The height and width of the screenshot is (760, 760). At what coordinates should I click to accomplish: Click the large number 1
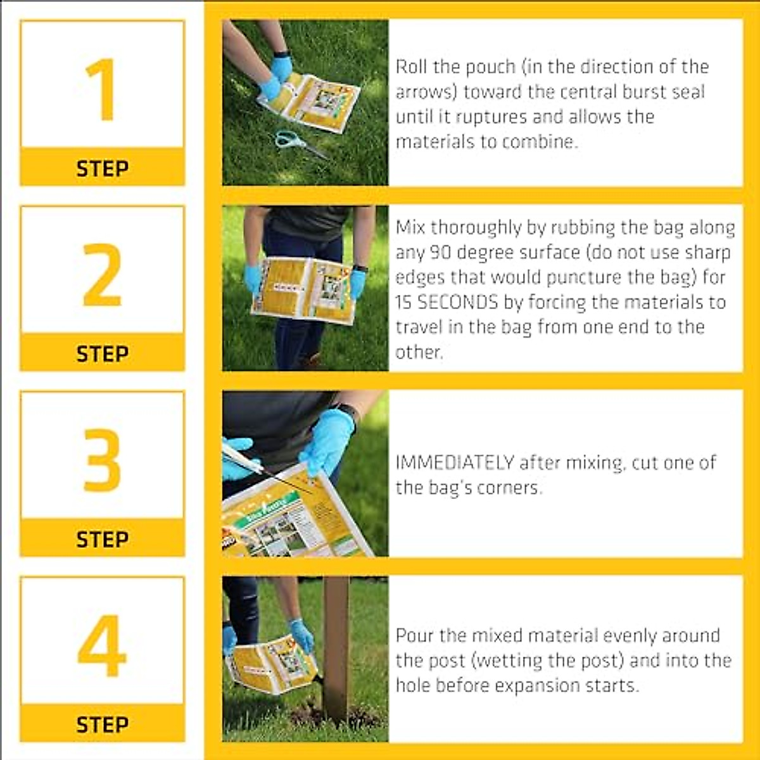(x=101, y=89)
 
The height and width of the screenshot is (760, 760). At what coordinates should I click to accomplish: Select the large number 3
(x=102, y=460)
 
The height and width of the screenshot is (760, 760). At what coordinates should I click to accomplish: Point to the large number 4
(x=102, y=645)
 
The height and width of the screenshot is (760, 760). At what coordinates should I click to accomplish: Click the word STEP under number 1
(x=102, y=168)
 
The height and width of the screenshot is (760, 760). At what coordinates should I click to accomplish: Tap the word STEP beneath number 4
(x=102, y=725)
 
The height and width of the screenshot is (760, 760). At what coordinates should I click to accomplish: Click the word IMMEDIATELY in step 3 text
(x=454, y=463)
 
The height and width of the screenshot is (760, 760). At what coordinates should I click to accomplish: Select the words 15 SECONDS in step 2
(x=446, y=302)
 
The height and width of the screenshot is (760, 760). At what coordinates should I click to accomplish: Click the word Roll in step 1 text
(x=412, y=67)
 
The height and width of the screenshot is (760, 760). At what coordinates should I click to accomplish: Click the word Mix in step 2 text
(x=410, y=227)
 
